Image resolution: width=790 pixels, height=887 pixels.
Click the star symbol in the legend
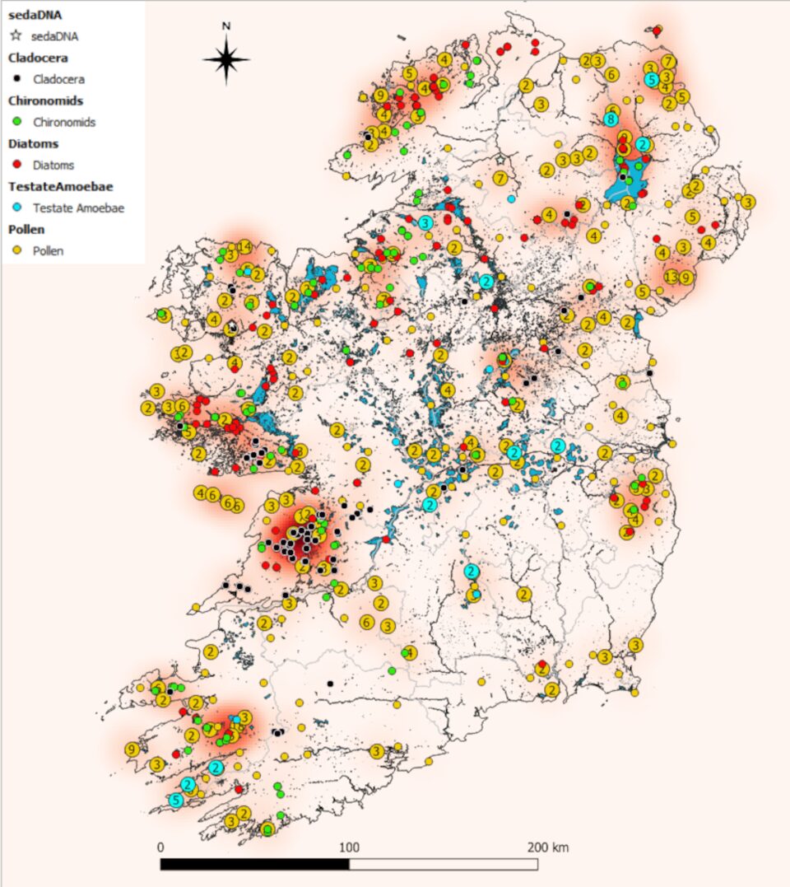click(x=16, y=36)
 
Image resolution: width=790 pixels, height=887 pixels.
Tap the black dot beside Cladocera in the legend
click(x=16, y=80)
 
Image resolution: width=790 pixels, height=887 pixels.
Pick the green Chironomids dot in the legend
click(x=16, y=123)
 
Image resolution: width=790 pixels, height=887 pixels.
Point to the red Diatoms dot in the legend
click(x=16, y=166)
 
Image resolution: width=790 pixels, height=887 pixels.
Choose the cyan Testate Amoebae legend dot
click(x=16, y=208)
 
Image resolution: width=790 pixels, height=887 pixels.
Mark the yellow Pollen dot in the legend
click(x=16, y=251)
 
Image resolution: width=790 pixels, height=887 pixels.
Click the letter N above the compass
click(x=226, y=26)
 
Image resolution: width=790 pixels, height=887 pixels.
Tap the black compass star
click(x=226, y=59)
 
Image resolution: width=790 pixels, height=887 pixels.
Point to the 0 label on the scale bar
click(x=160, y=847)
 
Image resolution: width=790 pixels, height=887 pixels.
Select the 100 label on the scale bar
click(x=349, y=847)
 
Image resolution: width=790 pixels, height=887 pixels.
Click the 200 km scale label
click(x=547, y=847)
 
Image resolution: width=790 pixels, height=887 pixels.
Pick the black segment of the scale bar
click(x=254, y=865)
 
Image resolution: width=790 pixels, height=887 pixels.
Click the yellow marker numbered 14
click(x=244, y=247)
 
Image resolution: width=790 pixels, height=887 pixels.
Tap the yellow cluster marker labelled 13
click(x=671, y=276)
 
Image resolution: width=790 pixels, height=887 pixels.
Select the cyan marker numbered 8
click(x=611, y=119)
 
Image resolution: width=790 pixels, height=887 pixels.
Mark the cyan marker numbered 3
click(x=425, y=223)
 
